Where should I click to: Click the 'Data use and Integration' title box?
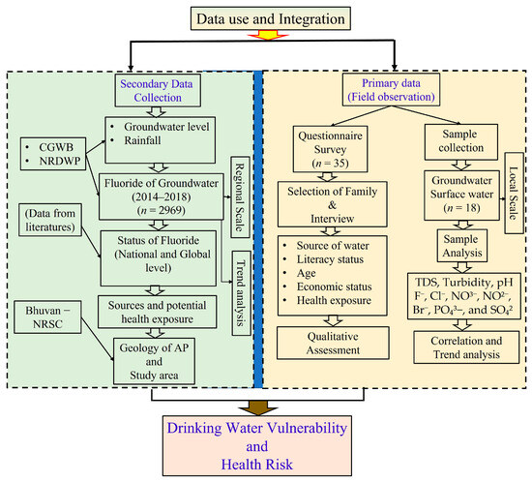268,17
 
